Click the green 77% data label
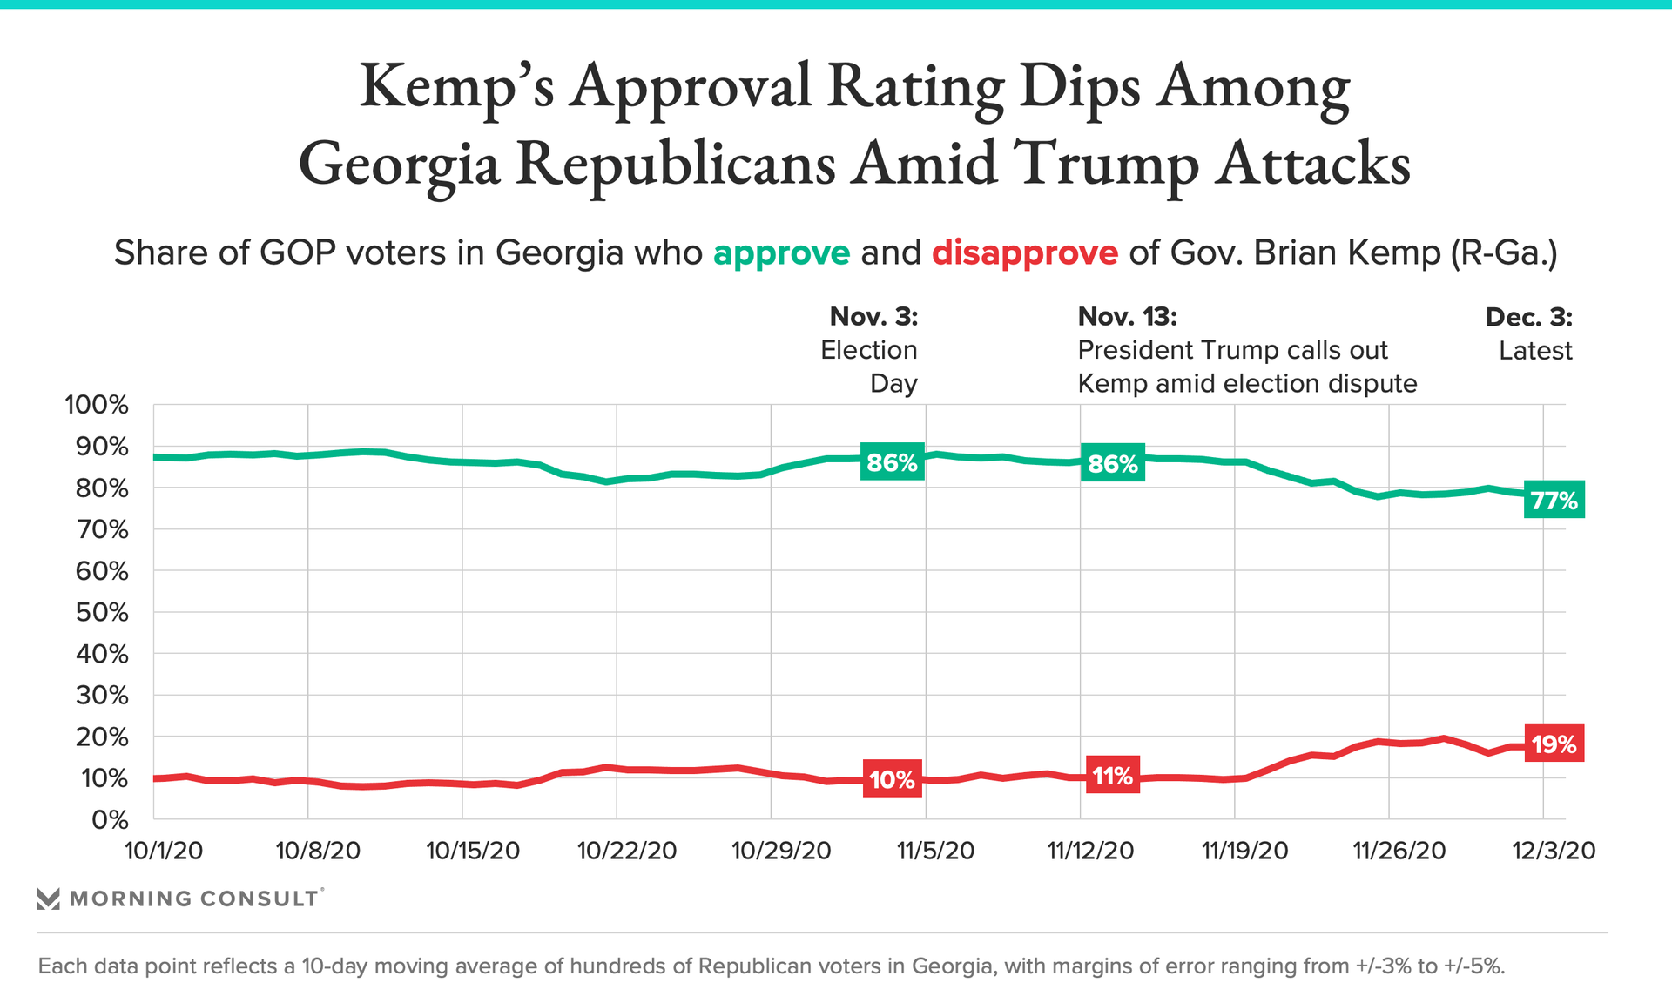1554,500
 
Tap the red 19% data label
1554,744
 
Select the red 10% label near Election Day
892,778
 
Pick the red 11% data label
1112,775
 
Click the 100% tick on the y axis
97,405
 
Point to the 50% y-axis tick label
102,612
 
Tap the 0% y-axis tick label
110,819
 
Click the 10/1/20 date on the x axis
164,851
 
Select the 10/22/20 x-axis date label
627,851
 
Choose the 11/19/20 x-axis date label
1244,851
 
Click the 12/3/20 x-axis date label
1554,851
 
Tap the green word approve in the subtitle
781,252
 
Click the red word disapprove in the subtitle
1024,252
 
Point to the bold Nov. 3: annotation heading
873,316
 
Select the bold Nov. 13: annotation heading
1127,316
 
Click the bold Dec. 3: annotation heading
1528,317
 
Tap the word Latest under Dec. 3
1535,351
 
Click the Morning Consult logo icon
49,899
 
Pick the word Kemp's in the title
456,87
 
